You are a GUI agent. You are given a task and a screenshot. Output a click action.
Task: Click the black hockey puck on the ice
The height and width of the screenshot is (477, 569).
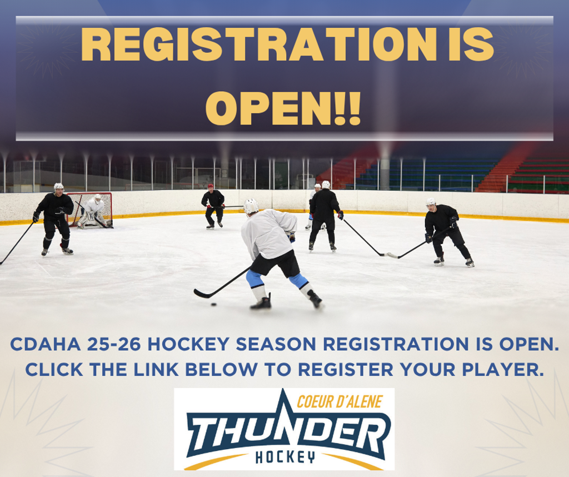click(x=214, y=304)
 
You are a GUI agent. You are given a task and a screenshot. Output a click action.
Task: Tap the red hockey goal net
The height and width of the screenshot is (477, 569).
click(x=89, y=210)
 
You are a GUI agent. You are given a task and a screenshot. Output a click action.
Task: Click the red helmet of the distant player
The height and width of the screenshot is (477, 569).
click(x=211, y=186)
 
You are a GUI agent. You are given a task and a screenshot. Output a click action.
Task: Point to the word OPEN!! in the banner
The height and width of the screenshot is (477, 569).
click(x=283, y=108)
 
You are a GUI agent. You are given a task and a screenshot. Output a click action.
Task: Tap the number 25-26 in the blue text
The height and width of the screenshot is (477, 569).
click(x=114, y=344)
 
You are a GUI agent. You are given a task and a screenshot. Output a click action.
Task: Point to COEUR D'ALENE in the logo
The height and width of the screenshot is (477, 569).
click(x=340, y=401)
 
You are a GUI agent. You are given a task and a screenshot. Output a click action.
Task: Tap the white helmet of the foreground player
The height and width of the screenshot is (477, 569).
click(x=251, y=206)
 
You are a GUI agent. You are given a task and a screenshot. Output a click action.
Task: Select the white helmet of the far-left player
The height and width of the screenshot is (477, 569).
click(x=58, y=187)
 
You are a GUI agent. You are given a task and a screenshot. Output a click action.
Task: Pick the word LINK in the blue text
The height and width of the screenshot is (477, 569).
click(x=156, y=370)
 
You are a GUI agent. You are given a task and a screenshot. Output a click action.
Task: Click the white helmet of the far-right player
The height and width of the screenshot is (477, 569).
click(x=431, y=202)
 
